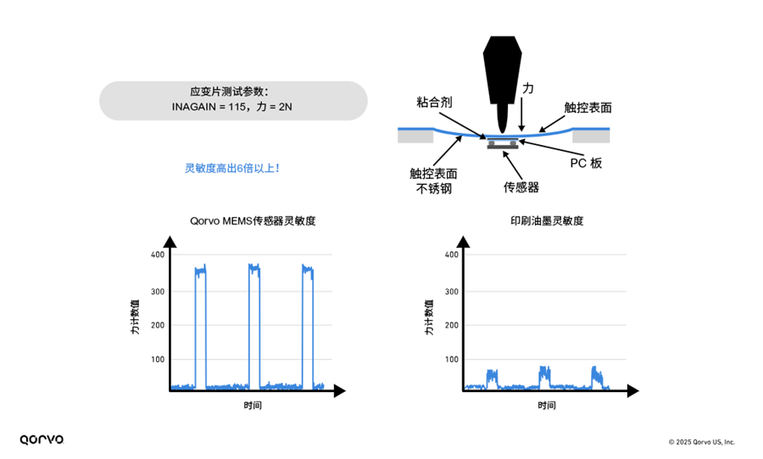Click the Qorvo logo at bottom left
pos(42,439)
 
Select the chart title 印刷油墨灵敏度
pos(546,221)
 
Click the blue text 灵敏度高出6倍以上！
pos(232,168)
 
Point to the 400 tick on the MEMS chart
pos(157,255)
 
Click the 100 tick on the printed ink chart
pos(451,360)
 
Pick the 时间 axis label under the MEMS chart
pos(252,406)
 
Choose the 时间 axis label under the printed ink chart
pos(546,406)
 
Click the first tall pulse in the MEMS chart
pos(200,327)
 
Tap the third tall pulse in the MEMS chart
pos(308,327)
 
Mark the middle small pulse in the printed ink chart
pos(544,378)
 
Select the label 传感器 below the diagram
pos(521,187)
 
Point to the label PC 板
pos(584,163)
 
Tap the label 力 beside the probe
pos(527,88)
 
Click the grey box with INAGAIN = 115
pos(233,100)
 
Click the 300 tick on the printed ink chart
pos(451,291)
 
